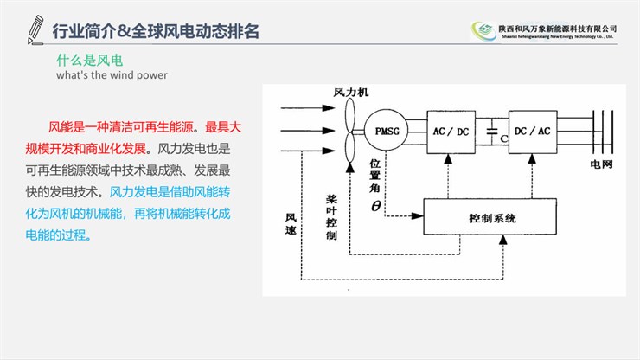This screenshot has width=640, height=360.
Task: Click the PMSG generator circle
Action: [384, 131]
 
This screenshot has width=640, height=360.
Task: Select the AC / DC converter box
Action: [450, 131]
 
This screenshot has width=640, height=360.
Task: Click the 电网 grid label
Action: [601, 164]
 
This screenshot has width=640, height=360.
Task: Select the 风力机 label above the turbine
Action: [351, 92]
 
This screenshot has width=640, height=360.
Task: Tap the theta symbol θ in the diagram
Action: [375, 206]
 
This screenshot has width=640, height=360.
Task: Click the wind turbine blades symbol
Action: [350, 130]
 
